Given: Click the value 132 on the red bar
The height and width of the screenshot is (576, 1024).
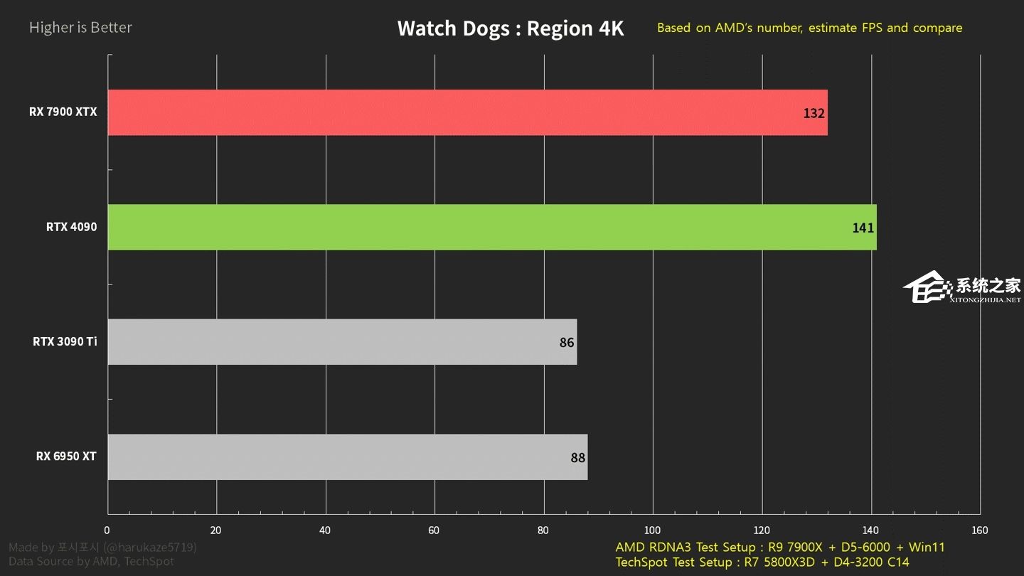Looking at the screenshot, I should pyautogui.click(x=814, y=113).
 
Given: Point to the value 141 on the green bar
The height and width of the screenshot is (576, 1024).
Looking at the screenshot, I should pyautogui.click(x=863, y=228).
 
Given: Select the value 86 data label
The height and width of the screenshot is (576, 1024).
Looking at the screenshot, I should pyautogui.click(x=567, y=343).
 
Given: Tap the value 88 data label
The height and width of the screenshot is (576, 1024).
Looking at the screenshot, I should pyautogui.click(x=577, y=458).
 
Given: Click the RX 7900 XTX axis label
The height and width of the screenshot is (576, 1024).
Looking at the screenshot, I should pyautogui.click(x=63, y=112).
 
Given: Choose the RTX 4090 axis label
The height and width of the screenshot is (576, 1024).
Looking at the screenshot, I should pyautogui.click(x=71, y=228).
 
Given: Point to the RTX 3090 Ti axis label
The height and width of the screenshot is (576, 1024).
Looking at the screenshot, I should pyautogui.click(x=65, y=342).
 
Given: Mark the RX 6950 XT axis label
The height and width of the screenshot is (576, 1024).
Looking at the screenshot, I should pyautogui.click(x=66, y=457).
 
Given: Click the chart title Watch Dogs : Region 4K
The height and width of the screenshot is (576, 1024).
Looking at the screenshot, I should pyautogui.click(x=510, y=28).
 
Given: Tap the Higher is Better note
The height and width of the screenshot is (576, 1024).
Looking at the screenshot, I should pyautogui.click(x=80, y=28).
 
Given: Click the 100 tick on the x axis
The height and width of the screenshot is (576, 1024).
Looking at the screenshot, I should pyautogui.click(x=652, y=530).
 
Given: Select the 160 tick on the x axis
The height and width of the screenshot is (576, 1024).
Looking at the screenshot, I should pyautogui.click(x=979, y=530).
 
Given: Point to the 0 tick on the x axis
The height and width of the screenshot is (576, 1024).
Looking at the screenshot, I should pyautogui.click(x=107, y=530).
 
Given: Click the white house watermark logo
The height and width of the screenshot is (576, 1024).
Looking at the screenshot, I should pyautogui.click(x=927, y=288).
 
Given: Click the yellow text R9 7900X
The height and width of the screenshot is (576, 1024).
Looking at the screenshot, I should pyautogui.click(x=791, y=548).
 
